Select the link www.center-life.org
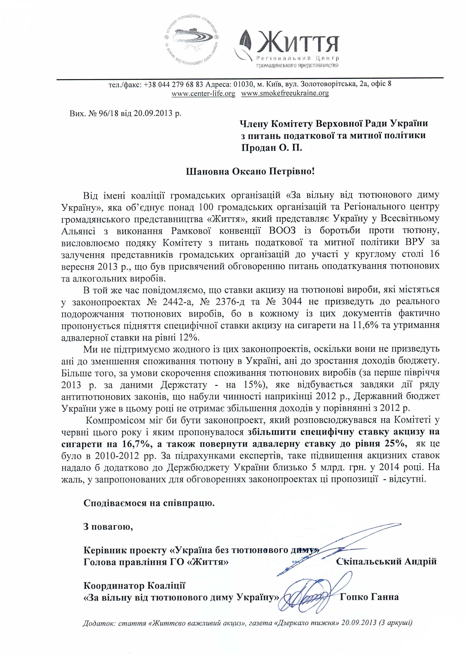tap(203, 93)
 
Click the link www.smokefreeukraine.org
tap(285, 93)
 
